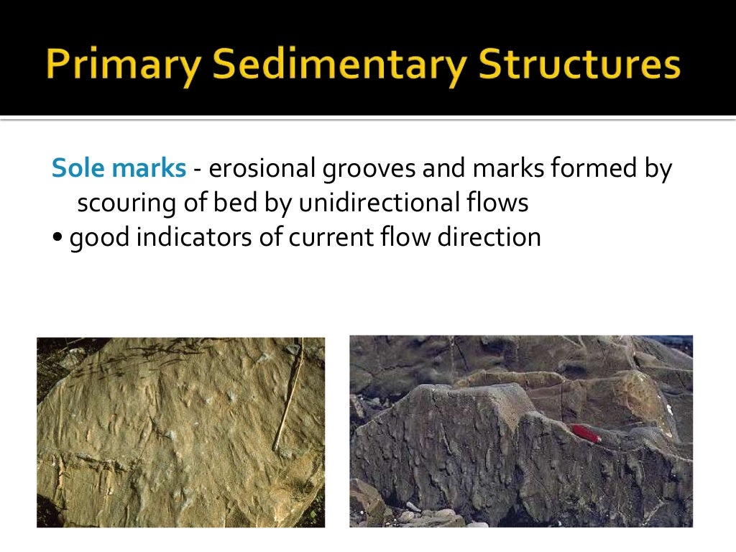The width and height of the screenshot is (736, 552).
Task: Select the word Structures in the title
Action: pos(579,65)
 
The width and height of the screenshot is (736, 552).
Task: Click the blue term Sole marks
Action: pos(119,169)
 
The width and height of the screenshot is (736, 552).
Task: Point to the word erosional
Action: pos(262,169)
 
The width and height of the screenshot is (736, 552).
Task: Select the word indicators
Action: pos(184,237)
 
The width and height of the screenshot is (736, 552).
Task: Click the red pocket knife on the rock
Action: pos(586,433)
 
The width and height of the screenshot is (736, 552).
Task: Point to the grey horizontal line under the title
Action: pos(368,119)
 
